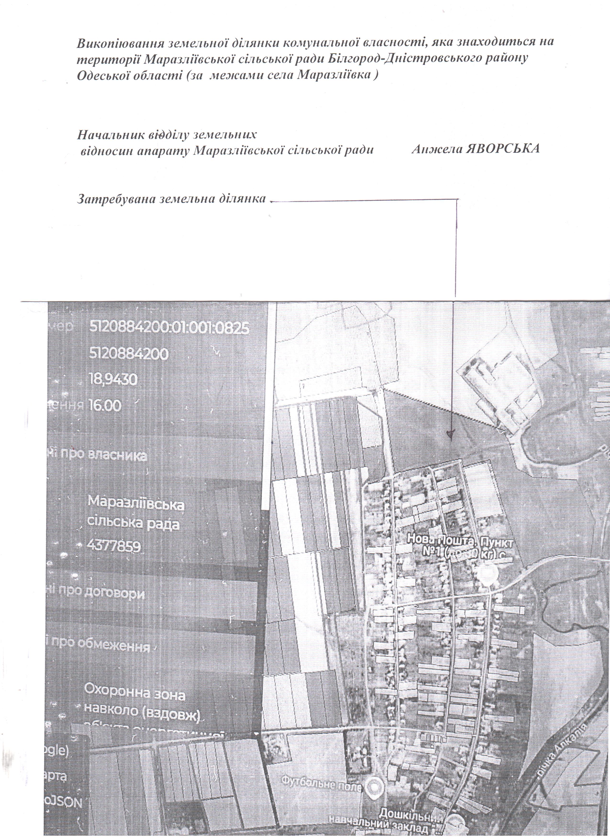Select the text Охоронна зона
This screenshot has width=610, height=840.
pyautogui.click(x=135, y=696)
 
